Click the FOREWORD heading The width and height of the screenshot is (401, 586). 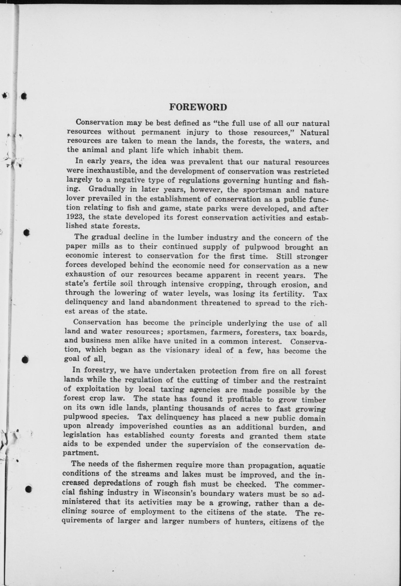coord(198,107)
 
